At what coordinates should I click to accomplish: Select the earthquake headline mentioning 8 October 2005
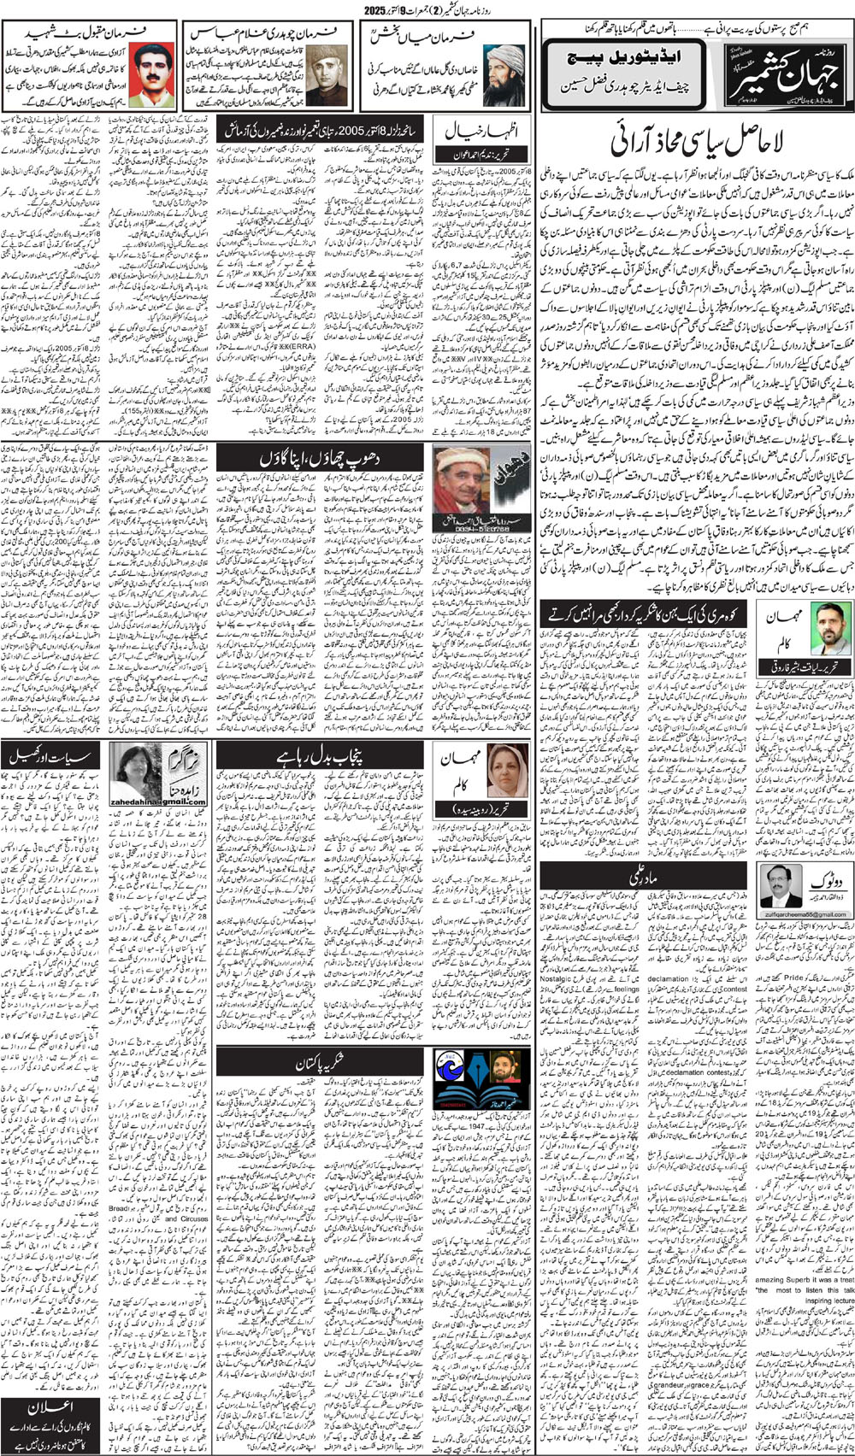click(x=321, y=130)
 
